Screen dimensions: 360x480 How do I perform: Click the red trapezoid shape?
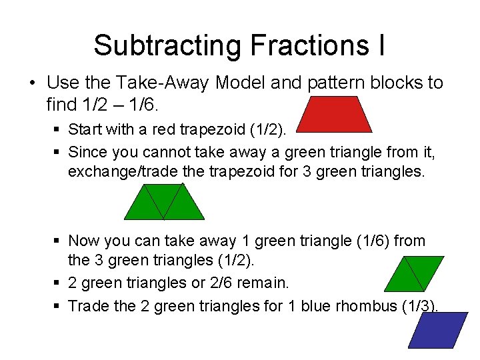[x=334, y=114]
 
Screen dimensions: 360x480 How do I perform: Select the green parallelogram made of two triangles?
[x=414, y=273]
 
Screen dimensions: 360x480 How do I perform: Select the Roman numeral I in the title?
[x=381, y=45]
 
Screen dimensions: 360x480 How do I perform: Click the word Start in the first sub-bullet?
[x=85, y=128]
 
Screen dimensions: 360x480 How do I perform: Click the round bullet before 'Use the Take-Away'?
[x=31, y=83]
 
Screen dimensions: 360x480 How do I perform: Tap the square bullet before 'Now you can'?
[x=59, y=241]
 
